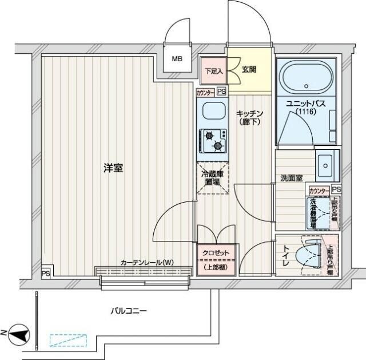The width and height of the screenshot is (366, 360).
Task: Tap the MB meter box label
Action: [x=178, y=58]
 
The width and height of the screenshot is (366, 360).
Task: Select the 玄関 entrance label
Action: [x=248, y=70]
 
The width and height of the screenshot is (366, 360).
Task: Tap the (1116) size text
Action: [x=306, y=111]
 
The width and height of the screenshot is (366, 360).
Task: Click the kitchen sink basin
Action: [x=212, y=111]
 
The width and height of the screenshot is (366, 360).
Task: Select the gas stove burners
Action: [x=213, y=141]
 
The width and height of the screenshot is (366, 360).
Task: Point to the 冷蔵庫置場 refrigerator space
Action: [x=213, y=177]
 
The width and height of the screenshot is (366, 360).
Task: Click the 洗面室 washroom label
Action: [x=291, y=178]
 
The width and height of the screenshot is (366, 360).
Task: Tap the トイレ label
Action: [x=287, y=255]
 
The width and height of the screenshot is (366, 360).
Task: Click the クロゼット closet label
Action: [x=215, y=252]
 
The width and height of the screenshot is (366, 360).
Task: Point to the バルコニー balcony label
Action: [x=129, y=311]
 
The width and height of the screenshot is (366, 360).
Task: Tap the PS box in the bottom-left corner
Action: [x=45, y=274]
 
